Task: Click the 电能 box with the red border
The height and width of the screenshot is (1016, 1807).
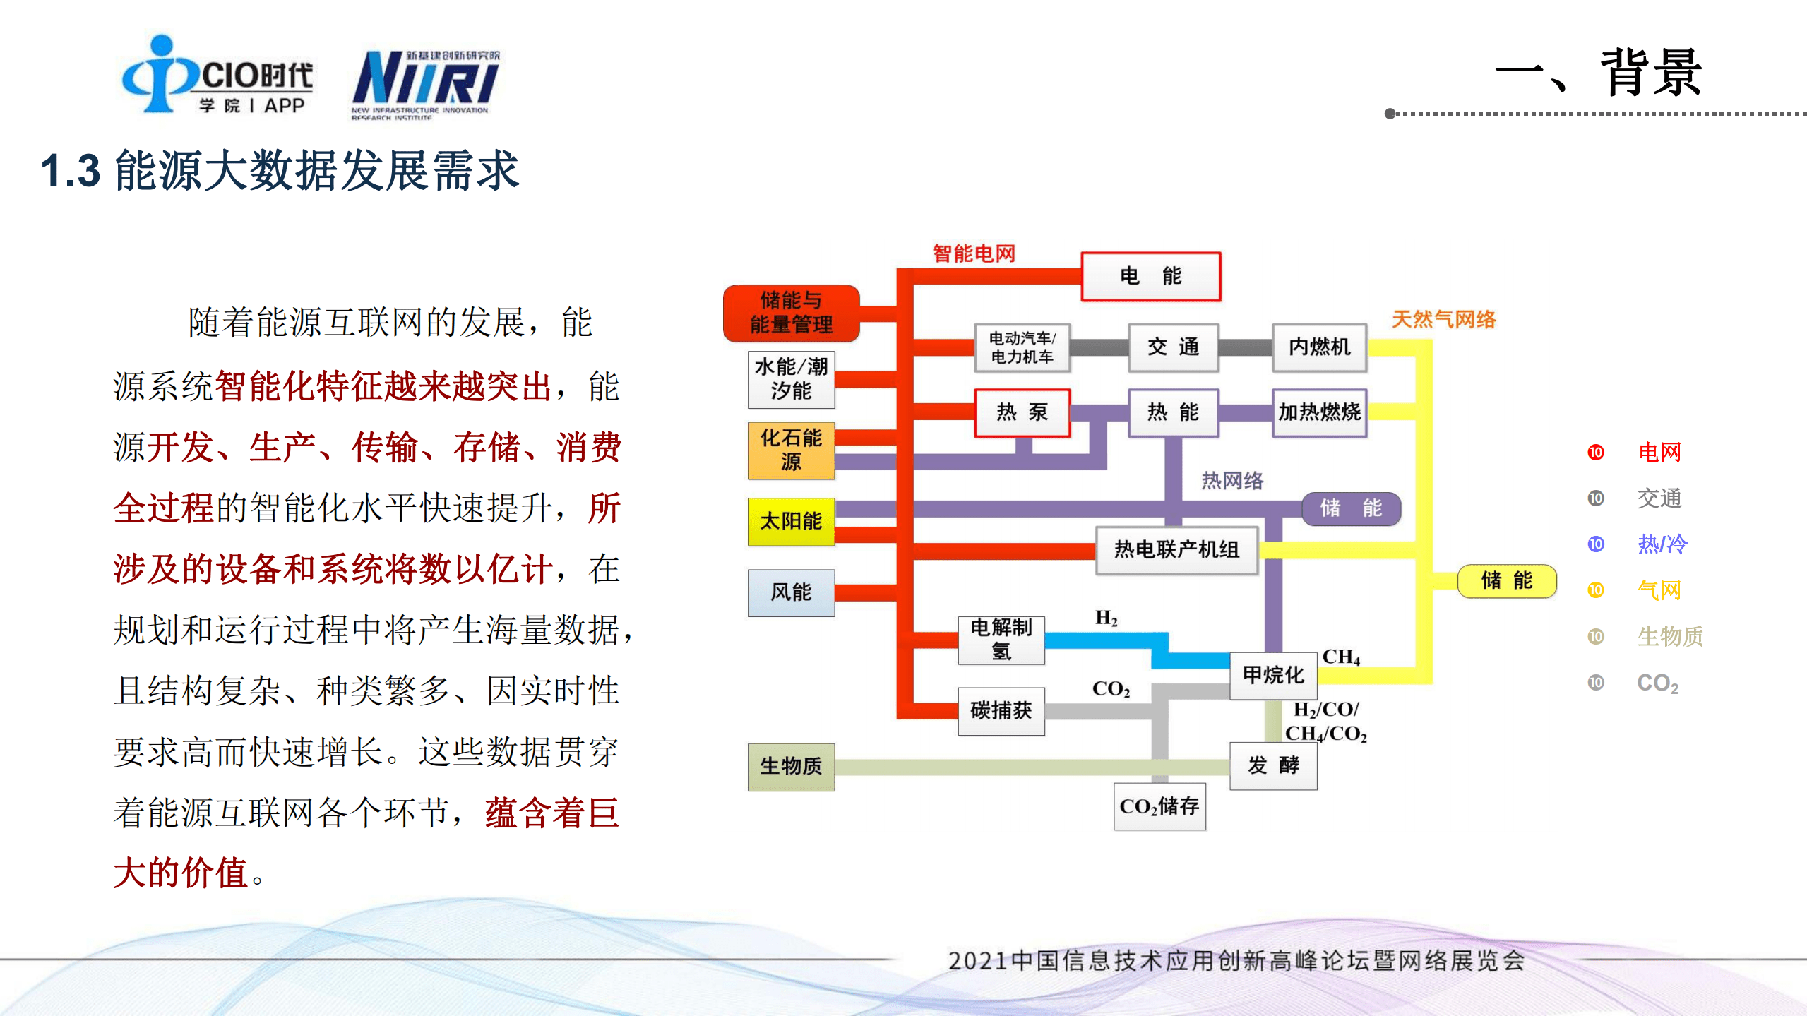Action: (1150, 276)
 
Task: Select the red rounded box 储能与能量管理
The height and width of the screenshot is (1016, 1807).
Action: (791, 313)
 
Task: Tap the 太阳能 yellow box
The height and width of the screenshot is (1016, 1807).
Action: (791, 521)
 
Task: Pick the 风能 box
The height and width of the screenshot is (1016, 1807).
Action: (791, 592)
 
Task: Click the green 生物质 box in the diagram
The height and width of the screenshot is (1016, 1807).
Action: (791, 766)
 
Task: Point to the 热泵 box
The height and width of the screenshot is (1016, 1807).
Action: (1022, 412)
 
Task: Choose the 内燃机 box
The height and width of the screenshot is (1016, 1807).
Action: (1319, 347)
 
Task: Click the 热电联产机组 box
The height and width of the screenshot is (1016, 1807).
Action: (1176, 549)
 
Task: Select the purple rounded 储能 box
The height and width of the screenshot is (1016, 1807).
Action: (1351, 508)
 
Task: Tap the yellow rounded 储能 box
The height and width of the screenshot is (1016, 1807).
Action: (1506, 580)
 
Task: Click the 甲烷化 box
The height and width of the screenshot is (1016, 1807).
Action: (1273, 675)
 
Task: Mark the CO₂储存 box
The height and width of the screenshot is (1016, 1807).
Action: (1159, 806)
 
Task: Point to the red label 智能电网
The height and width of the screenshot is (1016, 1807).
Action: (974, 253)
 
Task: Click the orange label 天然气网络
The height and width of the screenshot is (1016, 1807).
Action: (1443, 319)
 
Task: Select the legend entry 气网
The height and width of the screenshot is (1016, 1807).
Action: (1659, 590)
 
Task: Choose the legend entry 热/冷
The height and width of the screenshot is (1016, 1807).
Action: (1662, 544)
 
